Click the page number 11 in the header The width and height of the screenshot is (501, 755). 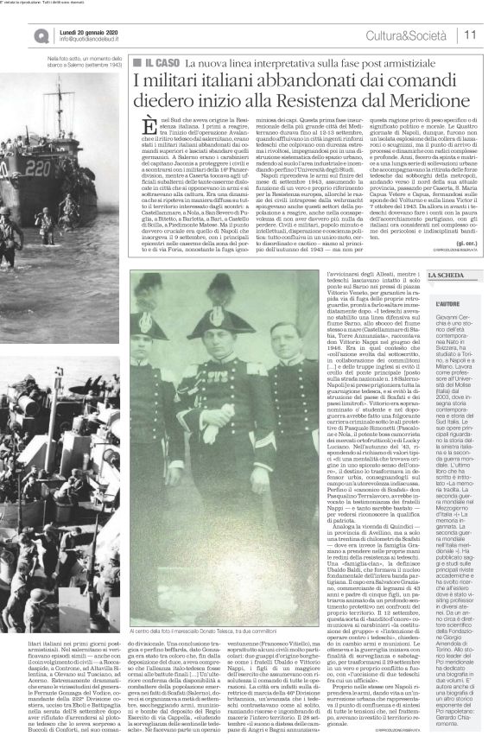(x=473, y=34)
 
